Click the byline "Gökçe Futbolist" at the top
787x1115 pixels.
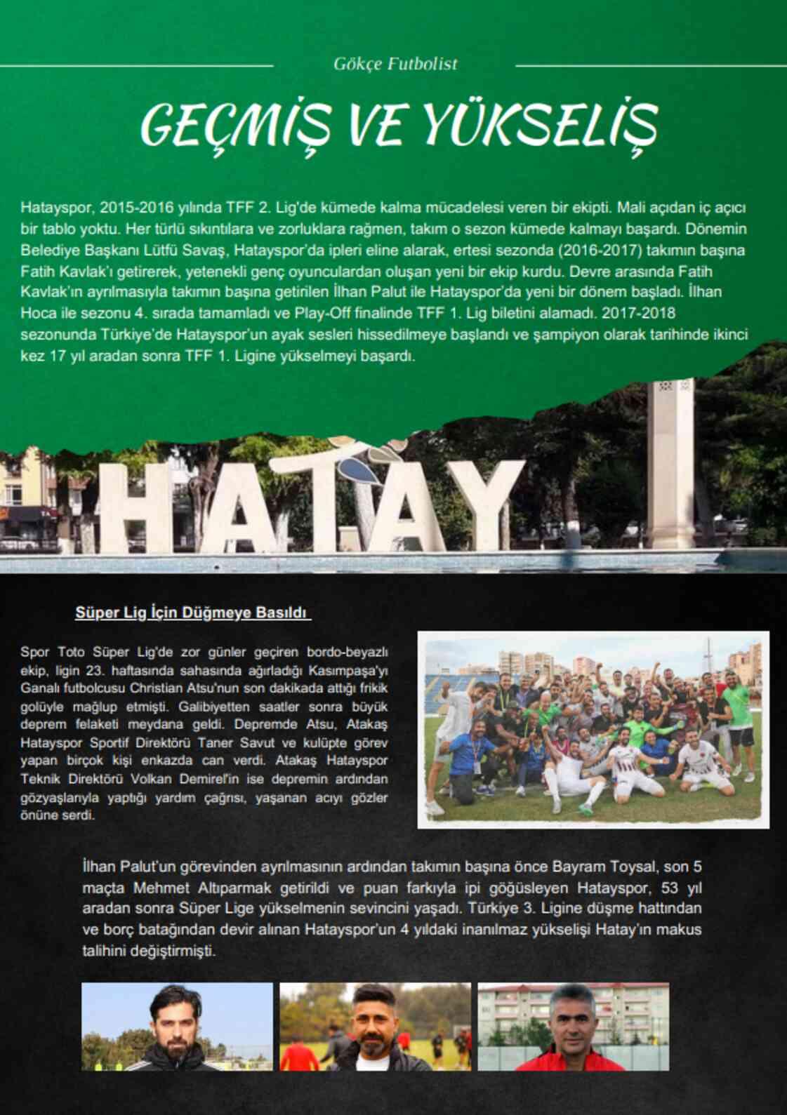click(x=395, y=64)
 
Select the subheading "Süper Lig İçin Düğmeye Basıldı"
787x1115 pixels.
click(x=192, y=613)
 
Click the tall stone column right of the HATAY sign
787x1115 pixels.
click(x=671, y=463)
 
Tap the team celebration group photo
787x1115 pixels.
click(x=593, y=730)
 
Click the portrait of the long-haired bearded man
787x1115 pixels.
click(x=177, y=1026)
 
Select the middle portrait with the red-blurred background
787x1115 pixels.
click(x=375, y=1026)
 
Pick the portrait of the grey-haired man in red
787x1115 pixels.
click(x=573, y=1026)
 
